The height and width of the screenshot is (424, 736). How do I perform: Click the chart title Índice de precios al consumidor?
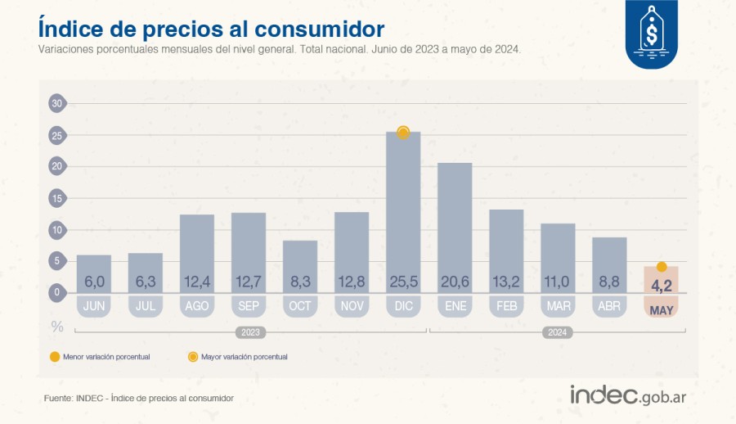click(x=211, y=29)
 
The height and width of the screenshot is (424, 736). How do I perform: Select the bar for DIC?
click(x=403, y=213)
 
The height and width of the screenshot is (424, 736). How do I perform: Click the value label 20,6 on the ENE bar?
click(x=455, y=282)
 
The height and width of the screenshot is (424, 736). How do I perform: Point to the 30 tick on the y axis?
click(x=56, y=103)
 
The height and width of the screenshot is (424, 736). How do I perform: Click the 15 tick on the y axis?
click(x=56, y=198)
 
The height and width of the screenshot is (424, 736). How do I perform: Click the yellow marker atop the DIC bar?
click(x=403, y=133)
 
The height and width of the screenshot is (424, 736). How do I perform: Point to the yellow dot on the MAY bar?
click(x=662, y=267)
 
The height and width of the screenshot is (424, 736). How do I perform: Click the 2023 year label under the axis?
click(x=250, y=332)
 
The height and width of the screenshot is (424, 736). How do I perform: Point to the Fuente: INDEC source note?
click(x=139, y=398)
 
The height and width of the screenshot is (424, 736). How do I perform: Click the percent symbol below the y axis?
click(x=56, y=327)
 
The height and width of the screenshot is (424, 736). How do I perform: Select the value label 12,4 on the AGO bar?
click(x=197, y=282)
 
